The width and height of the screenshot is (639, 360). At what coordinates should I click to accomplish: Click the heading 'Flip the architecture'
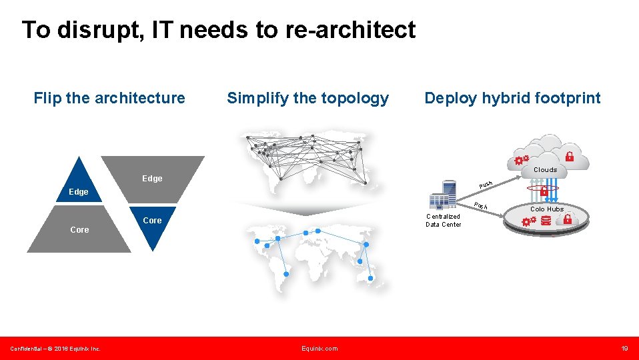pyautogui.click(x=109, y=98)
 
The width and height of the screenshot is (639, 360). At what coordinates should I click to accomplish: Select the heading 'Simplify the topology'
pyautogui.click(x=307, y=98)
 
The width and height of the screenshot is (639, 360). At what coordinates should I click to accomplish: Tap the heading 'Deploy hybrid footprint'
pyautogui.click(x=512, y=98)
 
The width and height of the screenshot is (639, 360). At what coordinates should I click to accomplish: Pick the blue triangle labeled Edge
pyautogui.click(x=79, y=186)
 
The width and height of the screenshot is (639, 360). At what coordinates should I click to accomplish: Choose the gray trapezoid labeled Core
pyautogui.click(x=79, y=230)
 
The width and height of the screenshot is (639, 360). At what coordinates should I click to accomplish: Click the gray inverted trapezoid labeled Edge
pyautogui.click(x=152, y=177)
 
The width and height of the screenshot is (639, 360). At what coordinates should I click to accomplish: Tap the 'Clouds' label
pyautogui.click(x=545, y=170)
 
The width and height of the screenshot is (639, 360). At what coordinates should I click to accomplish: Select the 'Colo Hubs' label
pyautogui.click(x=547, y=209)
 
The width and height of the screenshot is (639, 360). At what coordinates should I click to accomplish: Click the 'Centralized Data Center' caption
pyautogui.click(x=443, y=220)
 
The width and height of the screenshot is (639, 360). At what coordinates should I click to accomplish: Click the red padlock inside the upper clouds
pyautogui.click(x=569, y=157)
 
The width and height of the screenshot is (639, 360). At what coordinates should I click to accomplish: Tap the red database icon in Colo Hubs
pyautogui.click(x=546, y=221)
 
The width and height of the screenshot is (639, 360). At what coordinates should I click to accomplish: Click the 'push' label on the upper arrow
pyautogui.click(x=486, y=184)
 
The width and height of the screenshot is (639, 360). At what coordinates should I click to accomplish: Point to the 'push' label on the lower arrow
pyautogui.click(x=481, y=205)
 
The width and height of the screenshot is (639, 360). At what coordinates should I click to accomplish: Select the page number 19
pyautogui.click(x=624, y=349)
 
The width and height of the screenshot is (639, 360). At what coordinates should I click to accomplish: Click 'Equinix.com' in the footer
pyautogui.click(x=319, y=349)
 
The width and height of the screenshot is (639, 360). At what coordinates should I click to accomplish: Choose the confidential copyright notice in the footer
pyautogui.click(x=55, y=349)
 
